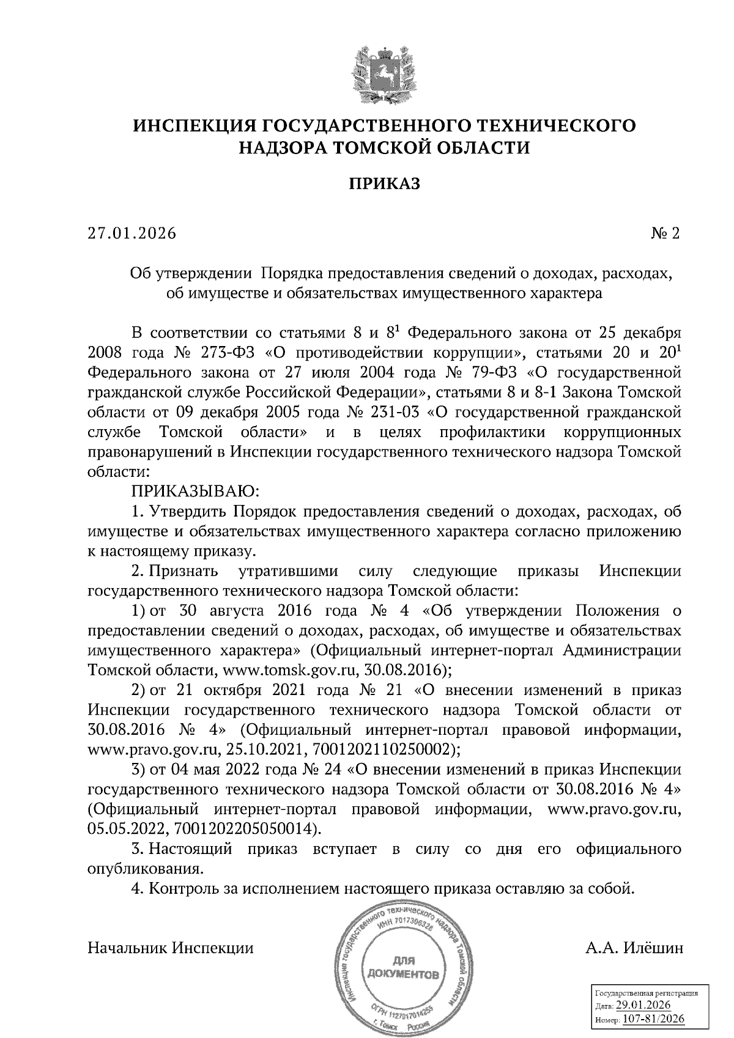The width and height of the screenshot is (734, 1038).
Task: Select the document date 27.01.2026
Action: (x=132, y=234)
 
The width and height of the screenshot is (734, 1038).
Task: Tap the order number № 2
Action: (x=666, y=234)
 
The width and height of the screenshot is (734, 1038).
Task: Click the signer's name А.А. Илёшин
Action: (x=634, y=948)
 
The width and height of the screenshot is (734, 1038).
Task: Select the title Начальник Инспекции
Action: (x=171, y=948)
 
